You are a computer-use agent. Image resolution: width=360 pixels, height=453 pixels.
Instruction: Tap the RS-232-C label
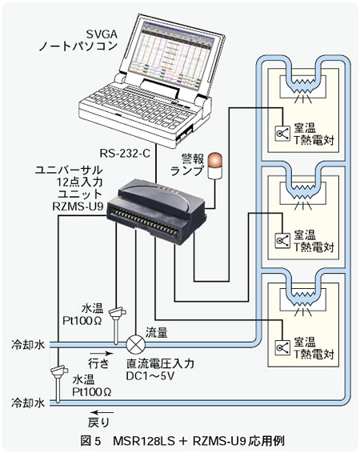pos(125,153)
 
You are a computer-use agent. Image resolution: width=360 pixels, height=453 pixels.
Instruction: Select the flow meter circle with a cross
pos(136,344)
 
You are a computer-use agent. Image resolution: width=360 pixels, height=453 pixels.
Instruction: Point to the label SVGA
pos(102,34)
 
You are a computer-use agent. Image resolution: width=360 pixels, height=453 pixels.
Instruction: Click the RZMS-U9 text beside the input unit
pos(78,206)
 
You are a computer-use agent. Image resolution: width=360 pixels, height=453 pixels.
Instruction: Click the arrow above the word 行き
pos(101,353)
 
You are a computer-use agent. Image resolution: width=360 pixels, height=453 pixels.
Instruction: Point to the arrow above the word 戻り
pos(101,412)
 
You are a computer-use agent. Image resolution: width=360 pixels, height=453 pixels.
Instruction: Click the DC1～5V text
pos(150,375)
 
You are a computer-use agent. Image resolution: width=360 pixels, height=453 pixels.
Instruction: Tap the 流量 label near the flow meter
pos(156,333)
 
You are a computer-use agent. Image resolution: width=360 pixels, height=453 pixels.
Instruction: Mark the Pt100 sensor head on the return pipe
pos(60,370)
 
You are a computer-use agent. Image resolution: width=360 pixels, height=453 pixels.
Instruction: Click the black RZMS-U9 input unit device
pos(156,211)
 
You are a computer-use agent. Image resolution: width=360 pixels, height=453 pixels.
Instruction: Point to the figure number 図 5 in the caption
pos(90,441)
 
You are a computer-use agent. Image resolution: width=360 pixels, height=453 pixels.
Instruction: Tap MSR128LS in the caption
pos(143,441)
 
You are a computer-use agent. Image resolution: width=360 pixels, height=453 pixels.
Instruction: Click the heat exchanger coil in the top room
pos(302,86)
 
